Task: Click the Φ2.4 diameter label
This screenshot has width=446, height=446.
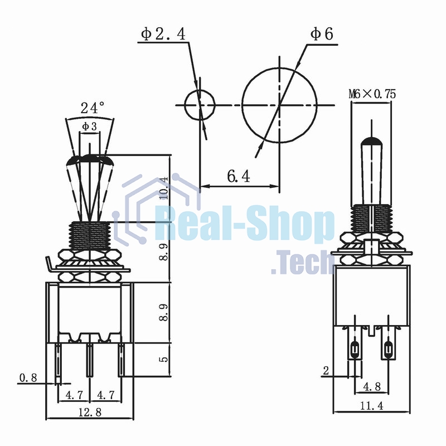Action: [x=163, y=34]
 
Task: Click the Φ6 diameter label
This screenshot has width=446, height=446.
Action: [x=322, y=34]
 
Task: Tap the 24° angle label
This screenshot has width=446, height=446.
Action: [x=93, y=108]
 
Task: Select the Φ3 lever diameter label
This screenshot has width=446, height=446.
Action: [x=89, y=127]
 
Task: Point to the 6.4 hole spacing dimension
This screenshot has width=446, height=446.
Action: [x=239, y=176]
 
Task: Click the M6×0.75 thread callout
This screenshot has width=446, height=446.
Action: [x=372, y=94]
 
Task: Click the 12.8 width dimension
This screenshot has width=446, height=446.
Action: [x=90, y=412]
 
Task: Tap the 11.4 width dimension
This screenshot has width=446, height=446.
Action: [x=372, y=406]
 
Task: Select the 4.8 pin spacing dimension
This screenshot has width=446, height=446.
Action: [x=372, y=386]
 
